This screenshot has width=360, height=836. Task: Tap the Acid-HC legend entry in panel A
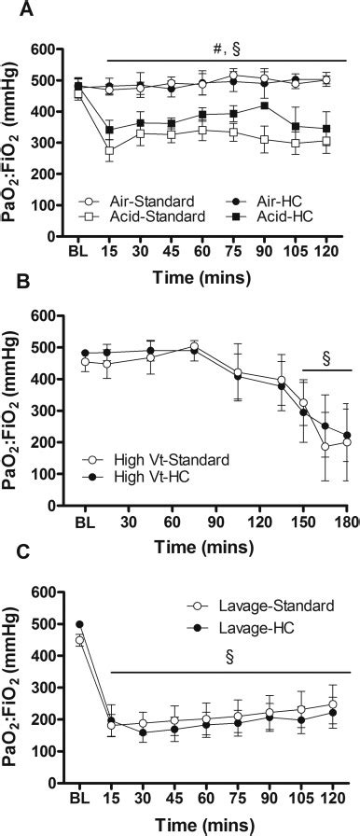pyautogui.click(x=262, y=216)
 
